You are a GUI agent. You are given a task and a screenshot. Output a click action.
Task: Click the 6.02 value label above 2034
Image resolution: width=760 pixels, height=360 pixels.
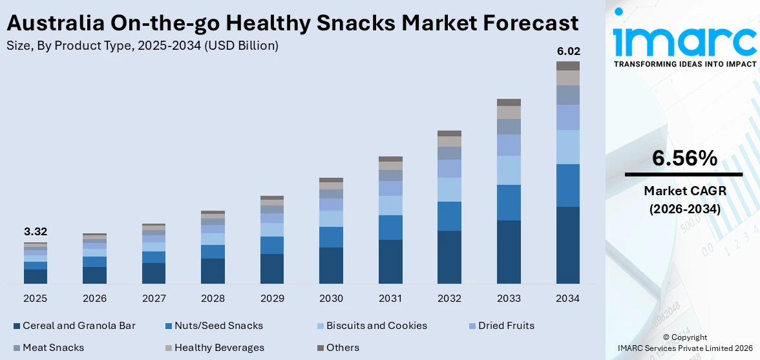568,50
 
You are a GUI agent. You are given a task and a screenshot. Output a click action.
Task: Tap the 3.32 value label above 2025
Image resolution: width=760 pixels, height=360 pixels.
36,231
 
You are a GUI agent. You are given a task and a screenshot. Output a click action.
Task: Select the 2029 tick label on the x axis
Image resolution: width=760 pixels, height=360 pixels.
272,299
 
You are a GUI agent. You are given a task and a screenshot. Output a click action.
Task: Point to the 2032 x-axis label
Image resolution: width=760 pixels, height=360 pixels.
449,299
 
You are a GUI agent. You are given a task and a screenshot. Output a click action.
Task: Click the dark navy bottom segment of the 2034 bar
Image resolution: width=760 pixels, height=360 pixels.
568,245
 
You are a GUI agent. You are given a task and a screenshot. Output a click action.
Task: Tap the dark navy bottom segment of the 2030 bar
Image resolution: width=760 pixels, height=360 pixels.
331,265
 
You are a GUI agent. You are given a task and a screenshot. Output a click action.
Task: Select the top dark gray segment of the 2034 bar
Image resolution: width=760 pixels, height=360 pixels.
568,66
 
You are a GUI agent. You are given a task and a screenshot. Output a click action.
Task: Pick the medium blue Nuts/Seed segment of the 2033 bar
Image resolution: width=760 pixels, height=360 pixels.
509,202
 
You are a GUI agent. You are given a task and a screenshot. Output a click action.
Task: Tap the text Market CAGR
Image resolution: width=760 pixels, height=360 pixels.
684,191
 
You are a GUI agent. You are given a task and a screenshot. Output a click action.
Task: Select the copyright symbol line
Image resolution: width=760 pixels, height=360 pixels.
684,337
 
